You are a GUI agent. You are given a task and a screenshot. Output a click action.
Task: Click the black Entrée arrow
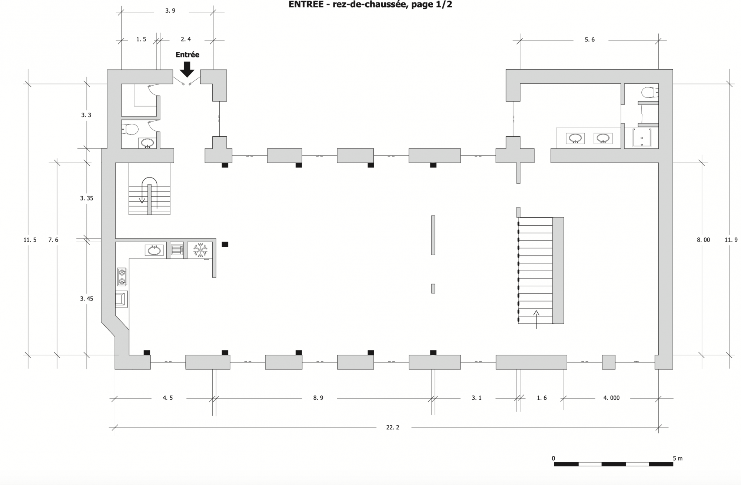187,69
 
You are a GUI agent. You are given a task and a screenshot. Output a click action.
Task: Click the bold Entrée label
187,54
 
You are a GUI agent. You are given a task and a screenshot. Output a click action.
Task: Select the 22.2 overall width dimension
393,427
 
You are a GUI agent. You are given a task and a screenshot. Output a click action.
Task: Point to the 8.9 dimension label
318,398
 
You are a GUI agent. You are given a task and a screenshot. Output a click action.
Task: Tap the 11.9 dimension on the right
731,240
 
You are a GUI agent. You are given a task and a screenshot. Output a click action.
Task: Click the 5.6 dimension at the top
589,40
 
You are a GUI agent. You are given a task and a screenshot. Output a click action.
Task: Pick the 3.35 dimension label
87,198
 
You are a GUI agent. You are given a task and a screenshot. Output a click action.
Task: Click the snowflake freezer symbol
200,250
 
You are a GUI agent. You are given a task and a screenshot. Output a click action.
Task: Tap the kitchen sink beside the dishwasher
154,250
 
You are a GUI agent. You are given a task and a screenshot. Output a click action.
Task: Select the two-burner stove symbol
122,277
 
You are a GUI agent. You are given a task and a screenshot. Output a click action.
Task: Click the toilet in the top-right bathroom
650,92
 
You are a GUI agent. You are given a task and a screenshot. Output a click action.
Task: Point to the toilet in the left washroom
130,129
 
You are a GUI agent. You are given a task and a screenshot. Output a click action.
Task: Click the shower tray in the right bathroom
642,138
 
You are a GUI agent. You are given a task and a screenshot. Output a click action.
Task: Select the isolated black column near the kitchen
225,244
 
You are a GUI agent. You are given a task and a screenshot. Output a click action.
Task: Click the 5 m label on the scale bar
678,458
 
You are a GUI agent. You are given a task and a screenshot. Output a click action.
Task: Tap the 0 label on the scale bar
554,458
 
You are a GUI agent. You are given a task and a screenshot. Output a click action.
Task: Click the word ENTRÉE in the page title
306,4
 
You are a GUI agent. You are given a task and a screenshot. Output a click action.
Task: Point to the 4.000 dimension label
611,398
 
